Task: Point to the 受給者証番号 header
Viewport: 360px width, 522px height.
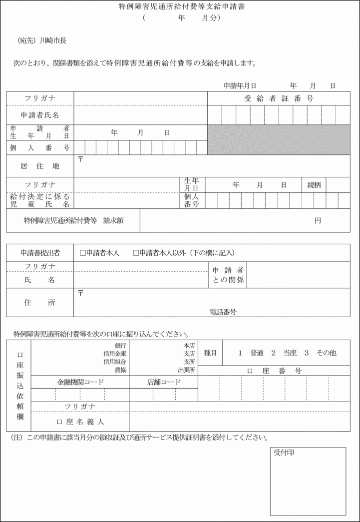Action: [x=279, y=98]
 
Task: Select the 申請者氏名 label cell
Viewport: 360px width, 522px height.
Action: [x=40, y=115]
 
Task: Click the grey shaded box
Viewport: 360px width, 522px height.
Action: [x=279, y=139]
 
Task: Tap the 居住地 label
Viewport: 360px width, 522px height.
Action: [x=40, y=166]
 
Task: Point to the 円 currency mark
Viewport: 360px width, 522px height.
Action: [x=318, y=220]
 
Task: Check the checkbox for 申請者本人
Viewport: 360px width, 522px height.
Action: [x=83, y=253]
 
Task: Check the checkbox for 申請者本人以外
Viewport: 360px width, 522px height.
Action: [x=136, y=253]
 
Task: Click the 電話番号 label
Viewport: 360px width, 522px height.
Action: [x=223, y=312]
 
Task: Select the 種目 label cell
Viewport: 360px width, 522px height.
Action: [x=210, y=353]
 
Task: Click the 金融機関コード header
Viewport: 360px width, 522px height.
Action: [x=80, y=382]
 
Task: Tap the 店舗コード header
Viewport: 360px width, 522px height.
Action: [x=164, y=382]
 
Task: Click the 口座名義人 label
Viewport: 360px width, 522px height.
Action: [x=80, y=422]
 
